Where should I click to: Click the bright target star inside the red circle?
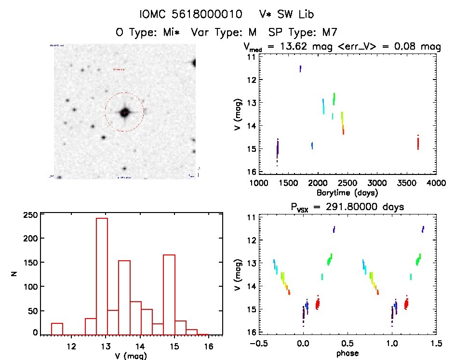[124, 112]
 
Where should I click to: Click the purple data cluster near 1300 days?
[278, 150]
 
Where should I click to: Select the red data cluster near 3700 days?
[418, 143]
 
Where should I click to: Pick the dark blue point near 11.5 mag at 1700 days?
[300, 69]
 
